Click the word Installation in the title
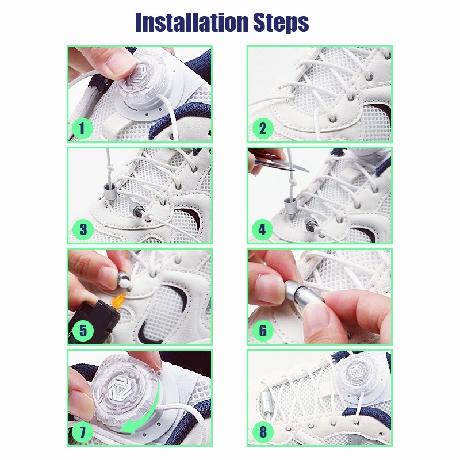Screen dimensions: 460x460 tap(192, 22)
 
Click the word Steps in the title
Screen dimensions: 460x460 tap(281, 23)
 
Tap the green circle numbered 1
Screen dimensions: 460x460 tap(82, 128)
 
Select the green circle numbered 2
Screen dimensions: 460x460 tap(262, 128)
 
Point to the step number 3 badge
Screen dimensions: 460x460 tap(82, 229)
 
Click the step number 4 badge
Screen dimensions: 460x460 tap(262, 229)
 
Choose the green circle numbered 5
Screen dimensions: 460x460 tap(82, 331)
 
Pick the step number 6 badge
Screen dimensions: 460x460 tap(262, 331)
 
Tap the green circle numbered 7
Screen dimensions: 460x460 tap(82, 432)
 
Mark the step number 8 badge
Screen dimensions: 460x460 tap(262, 432)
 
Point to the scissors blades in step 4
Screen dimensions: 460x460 tap(281, 165)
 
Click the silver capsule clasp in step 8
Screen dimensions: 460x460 tap(266, 400)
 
